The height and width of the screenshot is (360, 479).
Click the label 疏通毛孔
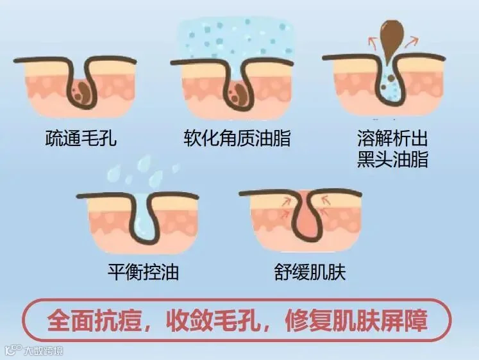click(81, 138)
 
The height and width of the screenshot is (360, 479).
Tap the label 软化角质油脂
click(237, 138)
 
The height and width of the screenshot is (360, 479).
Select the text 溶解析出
click(392, 138)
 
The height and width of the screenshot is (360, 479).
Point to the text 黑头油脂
click(392, 159)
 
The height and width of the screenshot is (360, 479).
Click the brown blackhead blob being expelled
click(390, 35)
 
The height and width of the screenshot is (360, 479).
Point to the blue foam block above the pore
click(237, 38)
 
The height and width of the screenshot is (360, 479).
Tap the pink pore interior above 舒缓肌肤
click(307, 221)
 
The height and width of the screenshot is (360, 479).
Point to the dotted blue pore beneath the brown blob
click(390, 86)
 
